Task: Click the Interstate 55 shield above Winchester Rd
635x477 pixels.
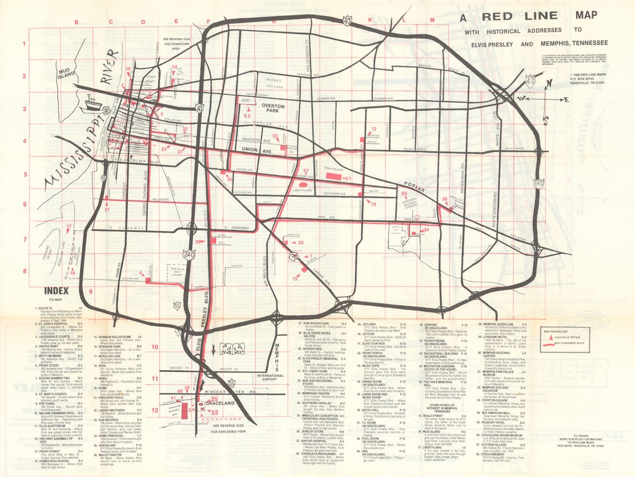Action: point(231,382)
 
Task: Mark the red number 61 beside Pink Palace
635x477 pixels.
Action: point(347,178)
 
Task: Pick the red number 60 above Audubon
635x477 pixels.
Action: point(405,194)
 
